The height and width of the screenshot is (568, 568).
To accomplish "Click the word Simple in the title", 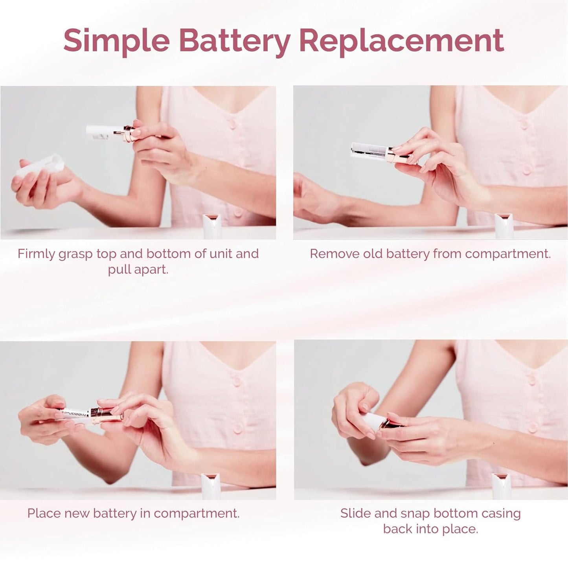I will coord(116,40).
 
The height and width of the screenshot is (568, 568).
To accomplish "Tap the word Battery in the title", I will coord(234,40).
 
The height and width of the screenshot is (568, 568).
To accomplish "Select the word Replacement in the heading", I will coord(401,40).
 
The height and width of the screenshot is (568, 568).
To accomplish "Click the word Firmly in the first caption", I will coord(37,254).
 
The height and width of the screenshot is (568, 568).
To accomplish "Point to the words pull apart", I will coord(138,270).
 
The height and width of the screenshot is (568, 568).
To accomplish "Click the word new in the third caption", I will coord(77,513).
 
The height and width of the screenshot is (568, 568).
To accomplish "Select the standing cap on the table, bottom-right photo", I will coord(502,486).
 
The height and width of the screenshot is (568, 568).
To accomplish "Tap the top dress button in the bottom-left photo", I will coord(236,381).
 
